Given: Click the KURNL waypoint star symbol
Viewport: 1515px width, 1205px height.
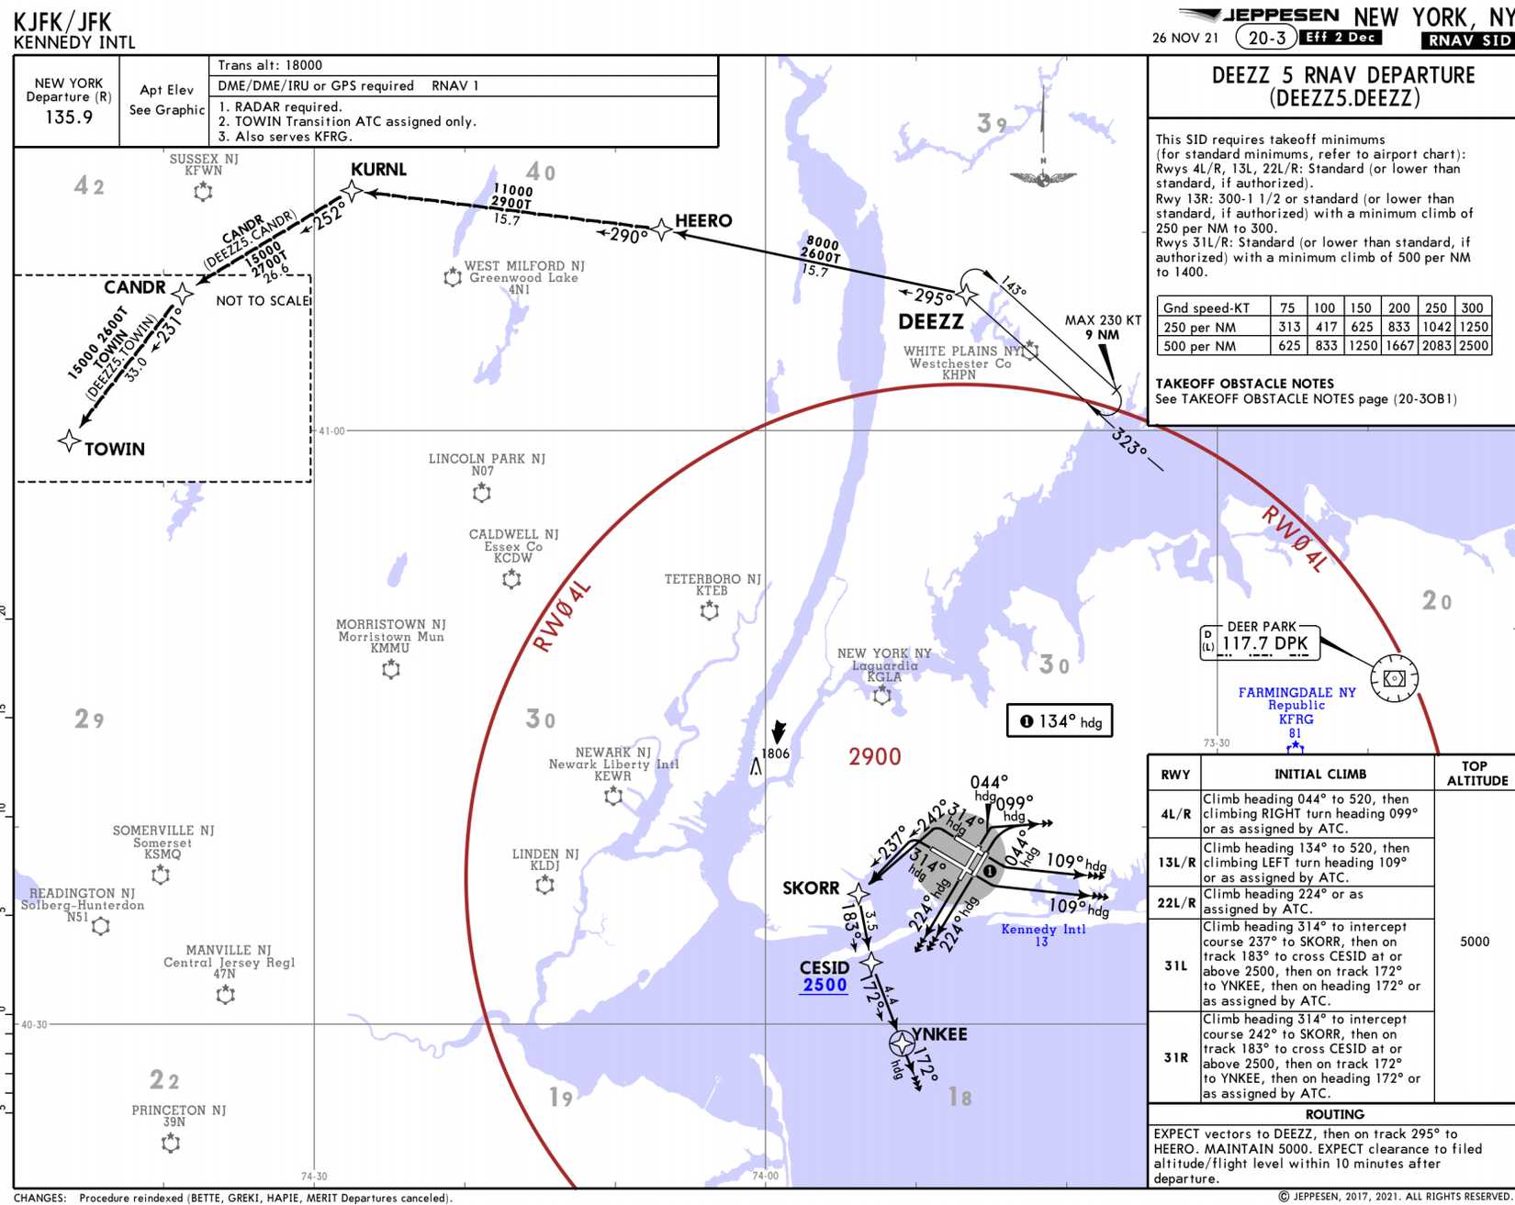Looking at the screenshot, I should [352, 191].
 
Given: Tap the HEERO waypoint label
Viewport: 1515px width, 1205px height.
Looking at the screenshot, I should [703, 221].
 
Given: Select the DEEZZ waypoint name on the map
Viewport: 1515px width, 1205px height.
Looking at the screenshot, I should [930, 322].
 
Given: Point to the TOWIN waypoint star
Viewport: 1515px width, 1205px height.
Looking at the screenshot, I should [69, 441].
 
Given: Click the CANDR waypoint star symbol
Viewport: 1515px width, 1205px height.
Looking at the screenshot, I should [183, 294].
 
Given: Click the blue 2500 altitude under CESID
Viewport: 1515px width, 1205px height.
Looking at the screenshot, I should [825, 986].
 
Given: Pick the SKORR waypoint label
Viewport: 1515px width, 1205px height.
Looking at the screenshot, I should [811, 887].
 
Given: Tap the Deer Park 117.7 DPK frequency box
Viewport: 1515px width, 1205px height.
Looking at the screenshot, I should [1264, 643].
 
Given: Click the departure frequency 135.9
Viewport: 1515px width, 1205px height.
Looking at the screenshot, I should [69, 117].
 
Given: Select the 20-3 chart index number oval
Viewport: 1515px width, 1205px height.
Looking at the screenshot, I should [1266, 38].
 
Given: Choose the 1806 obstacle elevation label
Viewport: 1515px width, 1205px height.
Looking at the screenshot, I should [775, 753].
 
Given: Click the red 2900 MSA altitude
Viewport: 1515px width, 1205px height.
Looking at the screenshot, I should [874, 757].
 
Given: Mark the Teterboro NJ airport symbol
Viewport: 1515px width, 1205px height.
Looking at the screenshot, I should [710, 610].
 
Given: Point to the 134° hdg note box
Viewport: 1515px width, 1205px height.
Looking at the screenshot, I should [1060, 721].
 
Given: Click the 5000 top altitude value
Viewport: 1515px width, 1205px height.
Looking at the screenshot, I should [1474, 942].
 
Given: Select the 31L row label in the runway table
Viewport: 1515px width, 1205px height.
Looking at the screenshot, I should [1175, 965].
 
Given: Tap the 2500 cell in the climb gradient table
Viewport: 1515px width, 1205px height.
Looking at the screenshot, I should [1473, 346].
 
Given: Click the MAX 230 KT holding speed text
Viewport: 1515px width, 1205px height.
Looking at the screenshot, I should [1103, 320].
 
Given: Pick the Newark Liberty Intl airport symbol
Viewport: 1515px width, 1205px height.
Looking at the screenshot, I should [613, 796].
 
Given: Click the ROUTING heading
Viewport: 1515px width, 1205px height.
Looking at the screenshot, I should [1334, 1114].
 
